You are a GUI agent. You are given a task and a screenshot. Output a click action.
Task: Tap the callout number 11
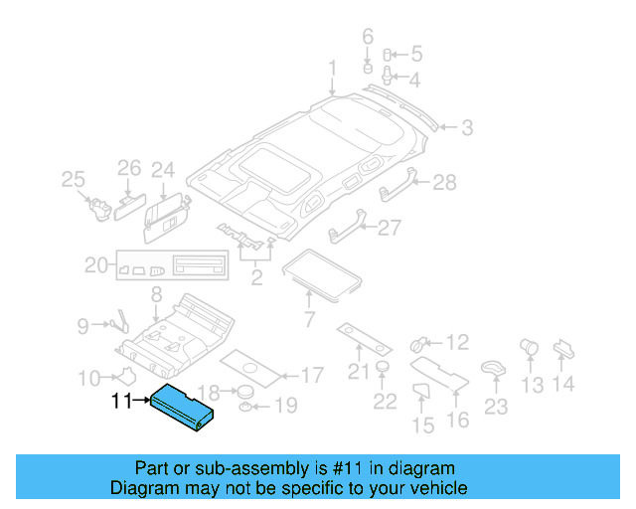(120, 402)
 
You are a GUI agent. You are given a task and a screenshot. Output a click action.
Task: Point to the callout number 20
(95, 265)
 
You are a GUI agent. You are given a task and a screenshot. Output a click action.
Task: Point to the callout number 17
(311, 376)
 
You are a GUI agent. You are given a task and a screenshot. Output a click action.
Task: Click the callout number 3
(466, 127)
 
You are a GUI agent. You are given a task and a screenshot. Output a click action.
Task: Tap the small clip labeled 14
(561, 347)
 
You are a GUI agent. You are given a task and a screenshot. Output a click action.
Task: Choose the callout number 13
(533, 384)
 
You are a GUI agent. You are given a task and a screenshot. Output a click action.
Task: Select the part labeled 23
(492, 369)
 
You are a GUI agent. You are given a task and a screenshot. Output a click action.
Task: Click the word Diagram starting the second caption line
(141, 488)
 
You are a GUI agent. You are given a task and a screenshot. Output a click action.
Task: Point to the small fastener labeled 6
(366, 70)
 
